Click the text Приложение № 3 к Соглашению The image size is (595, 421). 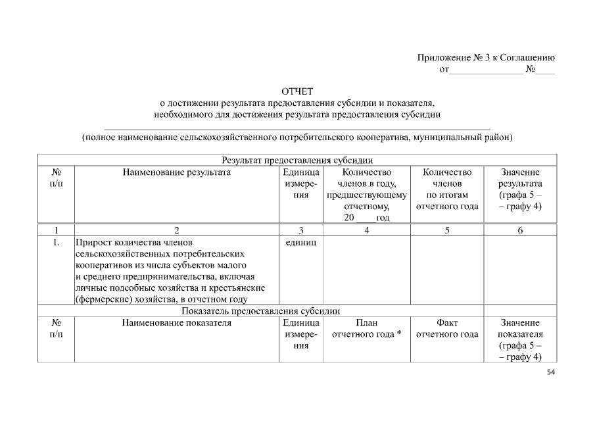pos(487,57)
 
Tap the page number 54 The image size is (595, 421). pos(551,373)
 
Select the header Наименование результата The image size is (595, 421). pos(176,172)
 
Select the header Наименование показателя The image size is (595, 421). pos(176,323)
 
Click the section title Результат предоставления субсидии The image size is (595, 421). pos(297,159)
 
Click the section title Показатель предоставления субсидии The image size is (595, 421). pos(297,311)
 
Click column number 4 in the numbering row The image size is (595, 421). pos(366,230)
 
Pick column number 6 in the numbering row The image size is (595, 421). pos(519,230)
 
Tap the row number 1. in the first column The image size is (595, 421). pos(57,242)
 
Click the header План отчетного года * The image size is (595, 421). pos(366,328)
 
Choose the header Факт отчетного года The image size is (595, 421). pos(447,328)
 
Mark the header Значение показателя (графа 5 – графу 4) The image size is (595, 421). pos(519,339)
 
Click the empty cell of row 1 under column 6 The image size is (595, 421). pos(519,270)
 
